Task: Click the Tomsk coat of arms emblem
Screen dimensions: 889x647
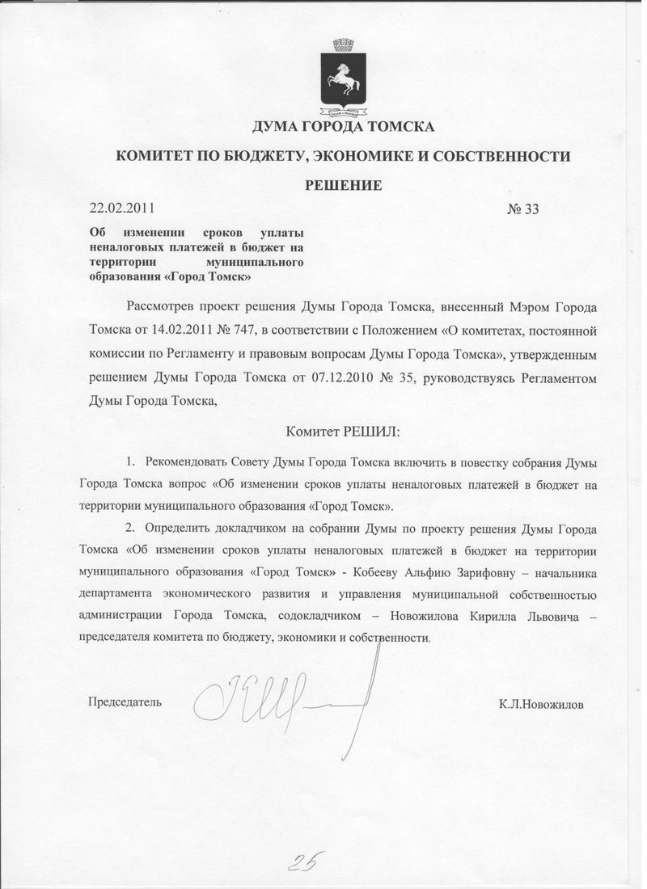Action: [343, 75]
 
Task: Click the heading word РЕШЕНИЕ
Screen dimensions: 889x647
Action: [343, 185]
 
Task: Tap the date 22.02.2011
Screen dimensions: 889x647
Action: [122, 209]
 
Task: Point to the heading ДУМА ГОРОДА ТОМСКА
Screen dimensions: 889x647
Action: [344, 127]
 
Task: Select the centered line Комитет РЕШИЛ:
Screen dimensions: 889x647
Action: [343, 431]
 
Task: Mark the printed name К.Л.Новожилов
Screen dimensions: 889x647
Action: [541, 704]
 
